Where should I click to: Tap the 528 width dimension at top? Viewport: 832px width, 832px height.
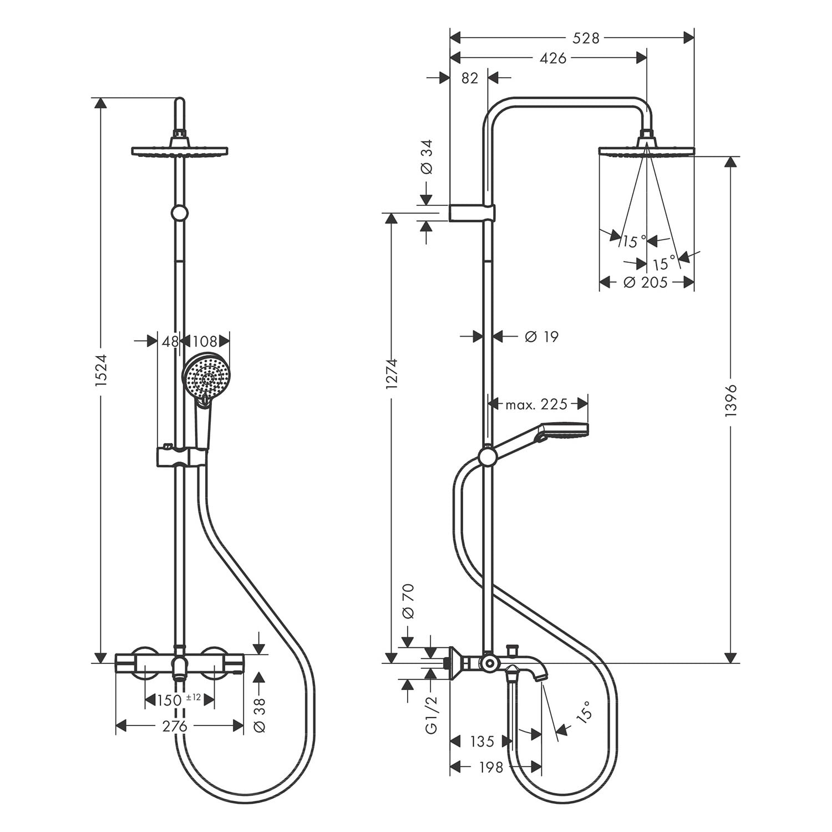[586, 38]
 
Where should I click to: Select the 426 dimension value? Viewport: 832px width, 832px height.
[552, 58]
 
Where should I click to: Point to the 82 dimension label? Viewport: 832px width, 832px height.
[469, 78]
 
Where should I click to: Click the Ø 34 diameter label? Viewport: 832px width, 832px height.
[426, 158]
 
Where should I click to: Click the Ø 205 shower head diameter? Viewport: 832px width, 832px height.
[645, 282]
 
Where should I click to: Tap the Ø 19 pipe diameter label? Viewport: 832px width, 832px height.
[541, 336]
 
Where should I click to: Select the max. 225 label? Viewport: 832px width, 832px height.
[536, 404]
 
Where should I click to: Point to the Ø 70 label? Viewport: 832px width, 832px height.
[408, 601]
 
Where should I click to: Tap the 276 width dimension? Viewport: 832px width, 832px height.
[175, 726]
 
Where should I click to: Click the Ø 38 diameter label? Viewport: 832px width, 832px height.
[260, 714]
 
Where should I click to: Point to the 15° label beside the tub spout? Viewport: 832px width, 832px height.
[584, 711]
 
